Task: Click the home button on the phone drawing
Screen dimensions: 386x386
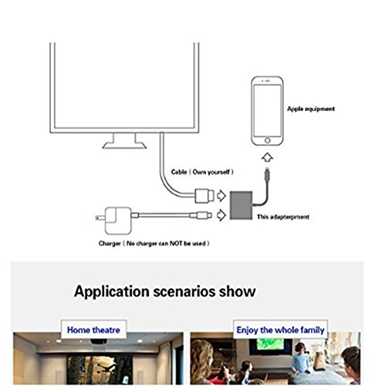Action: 267,141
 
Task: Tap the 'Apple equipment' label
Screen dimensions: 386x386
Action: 311,109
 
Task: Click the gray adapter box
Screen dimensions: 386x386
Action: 241,205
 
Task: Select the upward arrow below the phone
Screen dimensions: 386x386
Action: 267,157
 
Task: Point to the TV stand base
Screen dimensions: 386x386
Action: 124,145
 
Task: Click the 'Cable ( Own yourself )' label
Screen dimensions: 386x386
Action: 202,172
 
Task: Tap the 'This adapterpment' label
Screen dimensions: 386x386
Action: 283,217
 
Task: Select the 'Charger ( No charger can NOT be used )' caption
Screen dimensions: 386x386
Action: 154,243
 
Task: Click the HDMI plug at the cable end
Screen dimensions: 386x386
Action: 205,196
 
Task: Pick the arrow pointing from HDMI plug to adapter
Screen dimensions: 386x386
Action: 221,196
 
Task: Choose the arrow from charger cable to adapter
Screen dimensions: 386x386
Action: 221,215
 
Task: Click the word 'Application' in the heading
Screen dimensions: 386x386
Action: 112,292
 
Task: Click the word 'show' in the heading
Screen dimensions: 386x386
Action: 237,292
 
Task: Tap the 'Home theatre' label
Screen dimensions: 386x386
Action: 93,330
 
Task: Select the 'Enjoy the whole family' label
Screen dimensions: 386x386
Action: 280,330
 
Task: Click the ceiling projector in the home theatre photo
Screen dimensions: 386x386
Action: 99,341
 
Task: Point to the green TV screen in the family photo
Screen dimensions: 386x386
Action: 270,344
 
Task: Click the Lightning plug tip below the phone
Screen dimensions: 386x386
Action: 267,170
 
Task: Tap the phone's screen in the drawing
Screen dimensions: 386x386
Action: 267,110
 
